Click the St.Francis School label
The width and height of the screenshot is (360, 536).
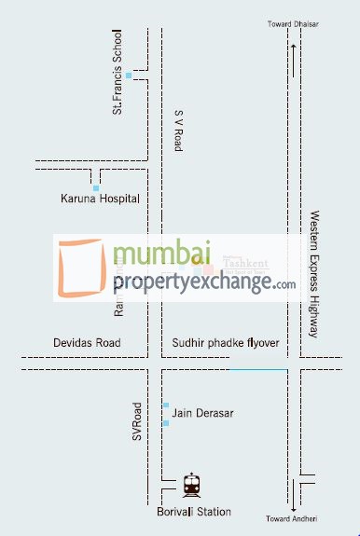click(118, 77)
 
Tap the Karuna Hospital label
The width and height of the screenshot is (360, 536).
click(99, 199)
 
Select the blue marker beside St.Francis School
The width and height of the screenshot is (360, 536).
click(129, 75)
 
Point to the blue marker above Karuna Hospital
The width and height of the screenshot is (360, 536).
click(95, 187)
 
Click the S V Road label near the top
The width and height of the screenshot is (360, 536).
click(178, 130)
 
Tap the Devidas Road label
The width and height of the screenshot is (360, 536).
click(87, 344)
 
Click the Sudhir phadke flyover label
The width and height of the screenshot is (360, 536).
click(225, 344)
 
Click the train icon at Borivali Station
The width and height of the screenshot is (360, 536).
click(191, 484)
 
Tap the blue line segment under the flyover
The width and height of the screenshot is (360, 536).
click(258, 370)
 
